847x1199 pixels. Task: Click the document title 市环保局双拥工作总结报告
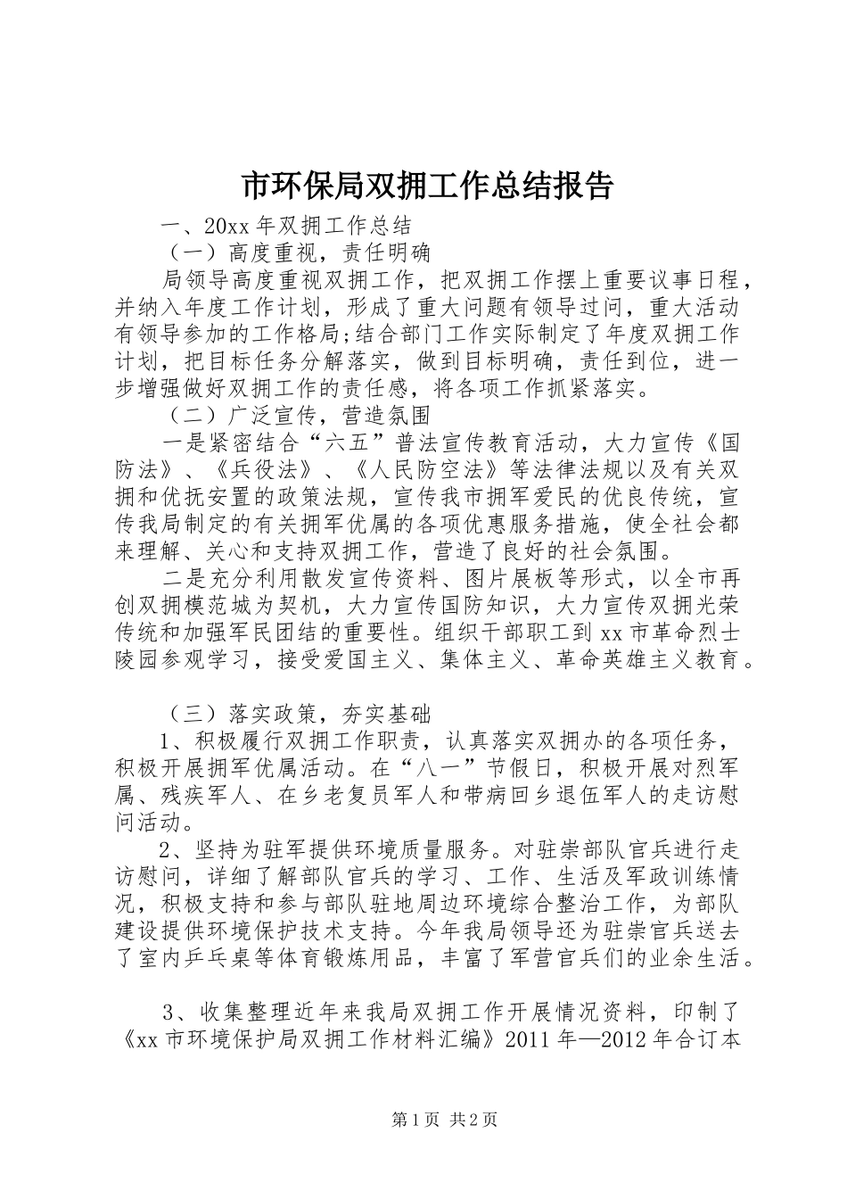[x=428, y=186]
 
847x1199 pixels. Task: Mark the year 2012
[x=633, y=1040]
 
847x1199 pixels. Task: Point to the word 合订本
[x=711, y=1040]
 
